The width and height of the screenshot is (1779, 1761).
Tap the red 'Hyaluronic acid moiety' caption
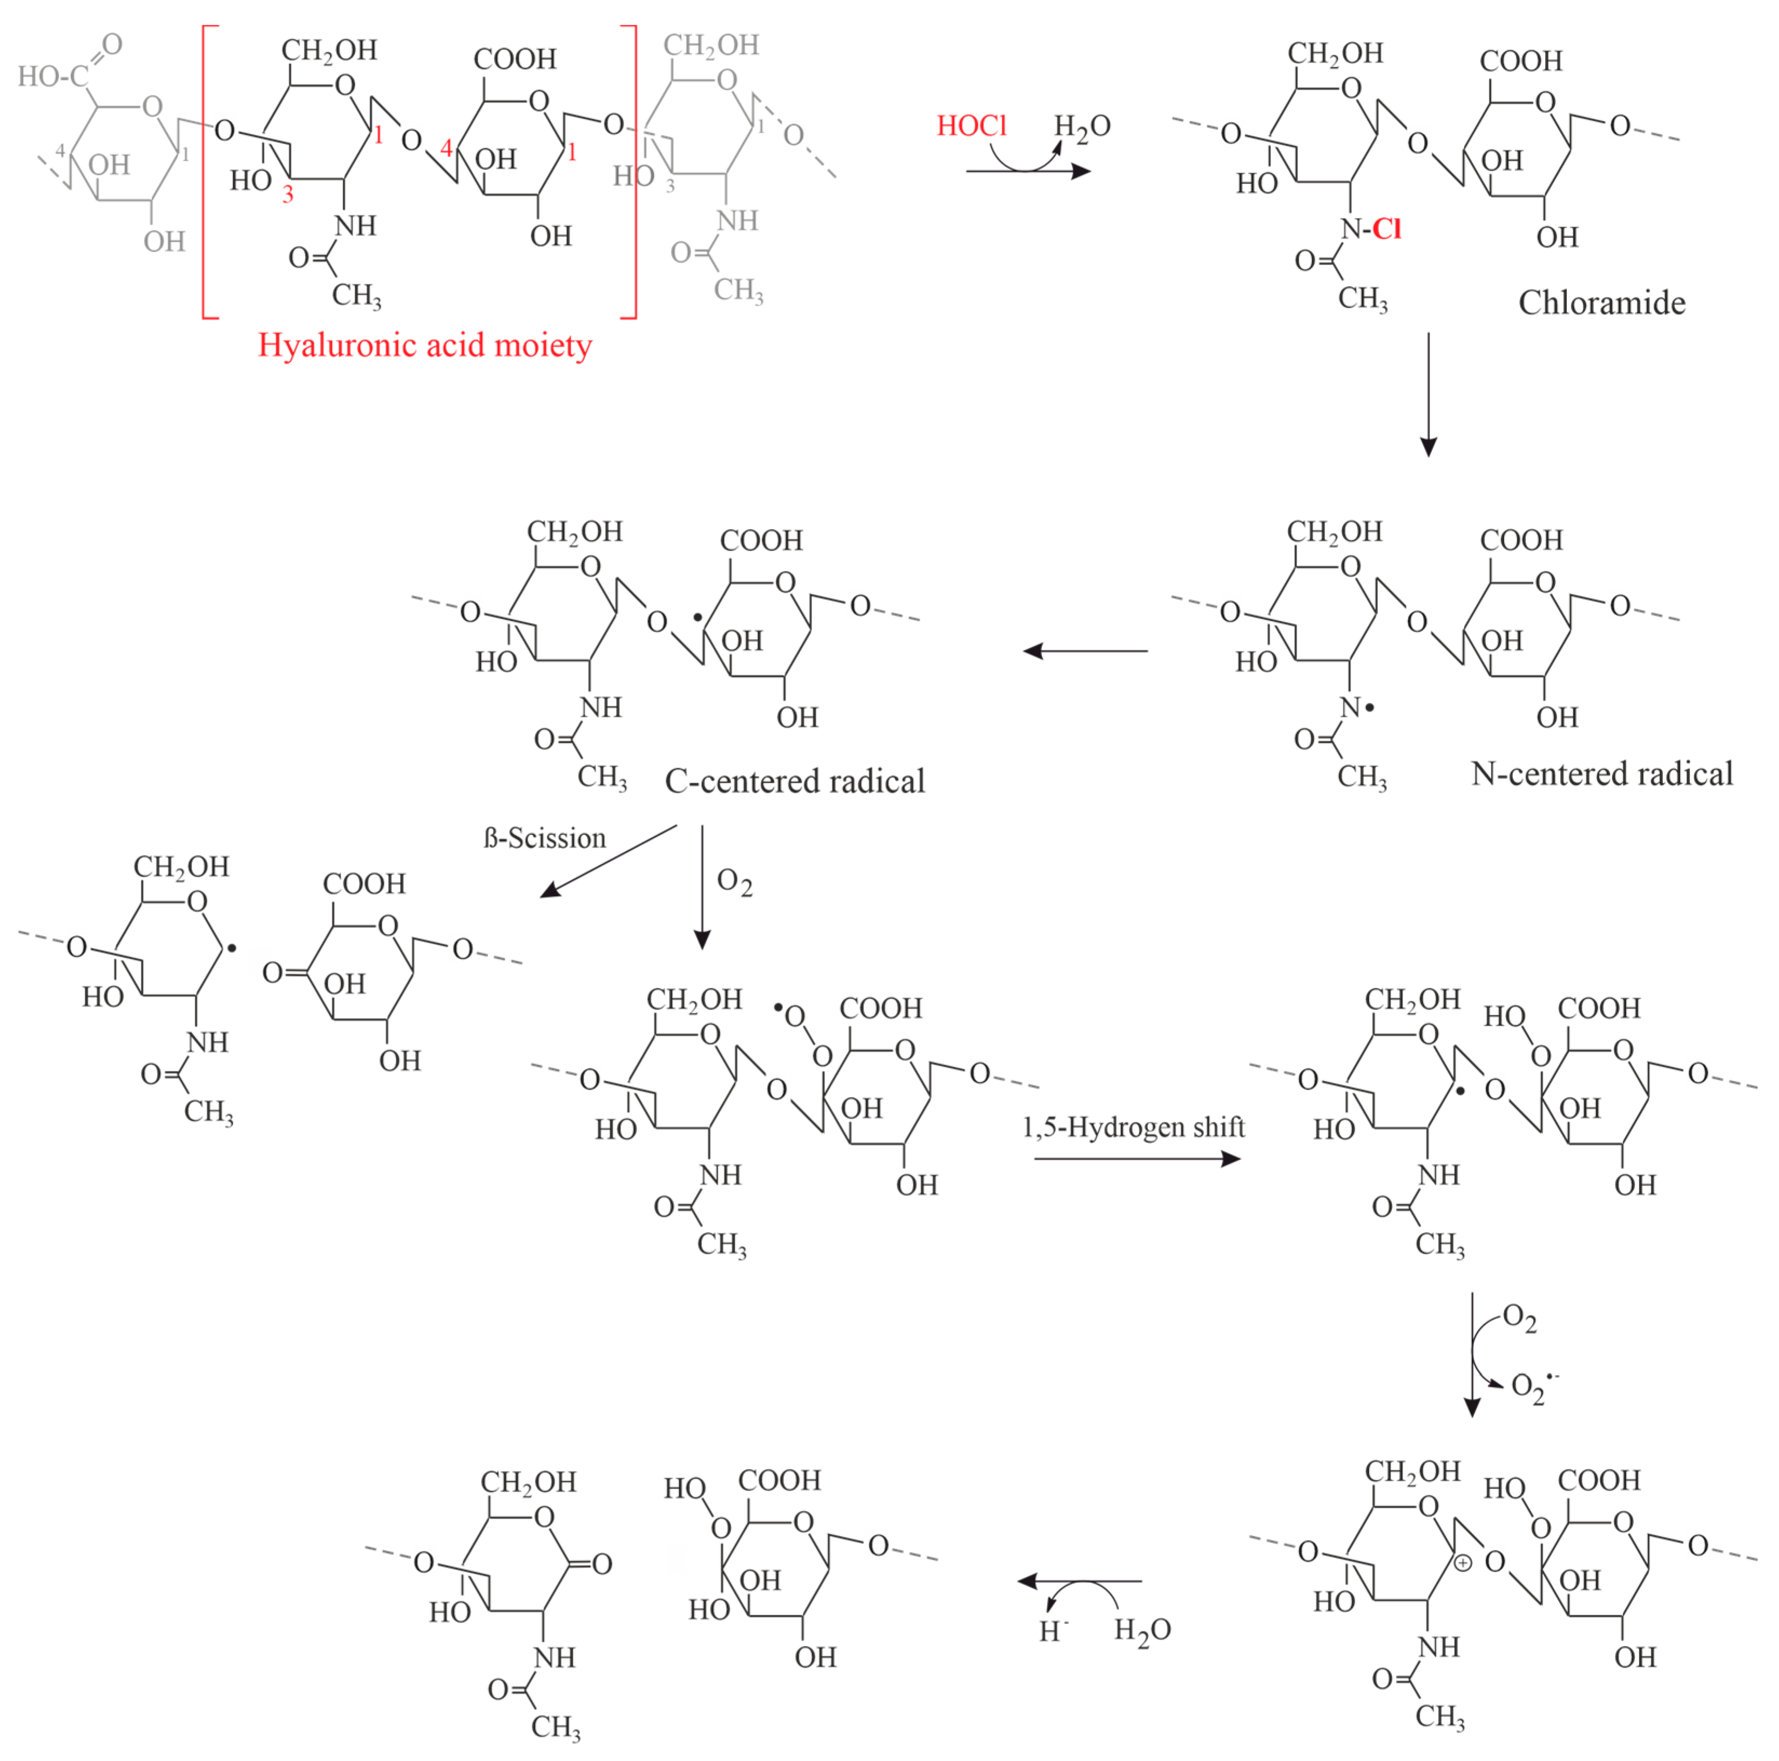(x=424, y=345)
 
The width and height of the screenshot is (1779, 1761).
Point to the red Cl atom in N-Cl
(x=1386, y=229)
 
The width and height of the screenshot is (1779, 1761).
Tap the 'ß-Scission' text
(x=545, y=838)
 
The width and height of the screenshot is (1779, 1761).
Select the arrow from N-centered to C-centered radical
(x=1086, y=651)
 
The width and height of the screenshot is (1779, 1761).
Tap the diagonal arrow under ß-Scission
(x=608, y=861)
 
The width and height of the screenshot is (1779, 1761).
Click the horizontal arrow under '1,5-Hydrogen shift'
(x=1137, y=1158)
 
